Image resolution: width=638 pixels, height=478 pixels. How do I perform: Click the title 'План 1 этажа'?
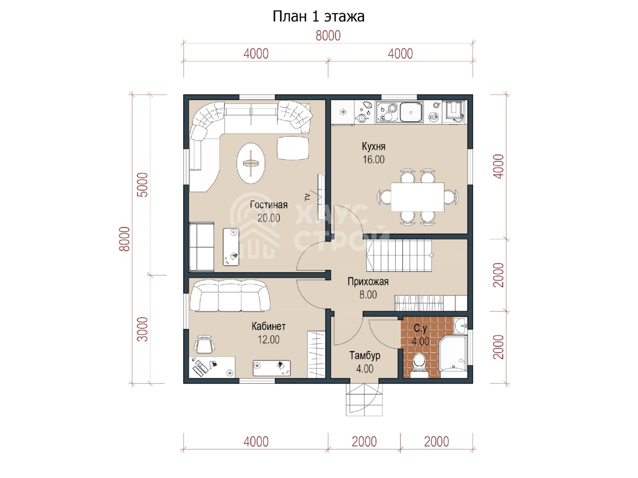click(318, 16)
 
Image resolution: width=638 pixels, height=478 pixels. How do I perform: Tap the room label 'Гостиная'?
click(269, 205)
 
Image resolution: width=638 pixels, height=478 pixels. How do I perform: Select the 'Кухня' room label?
click(373, 146)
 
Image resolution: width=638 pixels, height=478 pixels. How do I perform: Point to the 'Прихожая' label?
click(368, 282)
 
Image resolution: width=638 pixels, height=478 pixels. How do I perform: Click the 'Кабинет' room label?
click(269, 326)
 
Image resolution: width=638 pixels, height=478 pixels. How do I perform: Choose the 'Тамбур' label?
click(365, 356)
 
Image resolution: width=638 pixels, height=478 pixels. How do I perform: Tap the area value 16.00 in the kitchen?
click(373, 160)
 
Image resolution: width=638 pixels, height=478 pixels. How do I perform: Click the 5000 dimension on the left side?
click(143, 185)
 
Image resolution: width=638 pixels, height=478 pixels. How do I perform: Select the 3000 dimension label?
click(143, 329)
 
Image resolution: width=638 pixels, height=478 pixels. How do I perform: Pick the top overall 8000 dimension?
click(328, 36)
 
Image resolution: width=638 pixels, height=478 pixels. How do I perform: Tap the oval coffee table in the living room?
click(251, 163)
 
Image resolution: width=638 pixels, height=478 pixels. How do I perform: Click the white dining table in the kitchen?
click(418, 197)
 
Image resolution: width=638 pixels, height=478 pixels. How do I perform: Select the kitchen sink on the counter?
click(411, 112)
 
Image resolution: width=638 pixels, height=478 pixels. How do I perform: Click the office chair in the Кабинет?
click(204, 345)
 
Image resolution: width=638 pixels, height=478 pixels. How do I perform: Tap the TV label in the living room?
click(307, 197)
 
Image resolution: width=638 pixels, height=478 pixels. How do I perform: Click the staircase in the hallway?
click(399, 255)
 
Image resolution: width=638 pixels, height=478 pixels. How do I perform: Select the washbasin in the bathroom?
click(460, 326)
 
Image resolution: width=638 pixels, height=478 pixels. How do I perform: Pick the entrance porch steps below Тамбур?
click(364, 400)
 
